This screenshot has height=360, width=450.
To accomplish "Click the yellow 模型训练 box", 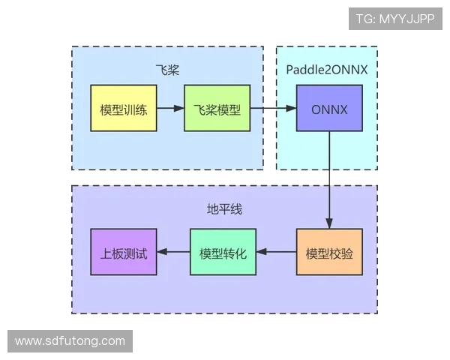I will (123, 109).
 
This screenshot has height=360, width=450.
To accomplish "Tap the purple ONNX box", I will (329, 109).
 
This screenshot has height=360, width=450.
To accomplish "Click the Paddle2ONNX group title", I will (326, 70).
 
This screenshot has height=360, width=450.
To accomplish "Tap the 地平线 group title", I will (224, 208).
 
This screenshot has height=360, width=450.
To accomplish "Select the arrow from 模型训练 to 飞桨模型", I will (170, 109).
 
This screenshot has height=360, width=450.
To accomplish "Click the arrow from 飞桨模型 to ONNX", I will (272, 109).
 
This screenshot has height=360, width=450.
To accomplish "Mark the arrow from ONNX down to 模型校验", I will (329, 180).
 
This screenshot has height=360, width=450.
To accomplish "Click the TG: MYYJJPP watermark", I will (395, 19).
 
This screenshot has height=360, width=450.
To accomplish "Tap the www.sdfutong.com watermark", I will (70, 341).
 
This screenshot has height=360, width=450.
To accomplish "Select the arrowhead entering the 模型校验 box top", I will (329, 223).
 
